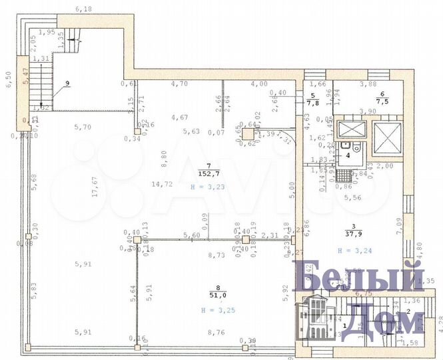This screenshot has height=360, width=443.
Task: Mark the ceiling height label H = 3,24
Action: click(x=353, y=251)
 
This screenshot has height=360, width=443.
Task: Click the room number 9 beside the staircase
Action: click(x=67, y=84)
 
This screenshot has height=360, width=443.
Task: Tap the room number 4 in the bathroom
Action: click(x=346, y=155)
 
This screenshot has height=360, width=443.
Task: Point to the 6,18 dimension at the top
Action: click(x=84, y=9)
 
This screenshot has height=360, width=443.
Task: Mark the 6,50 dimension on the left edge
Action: click(x=9, y=81)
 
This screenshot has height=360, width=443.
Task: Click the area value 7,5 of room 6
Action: click(x=382, y=102)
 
